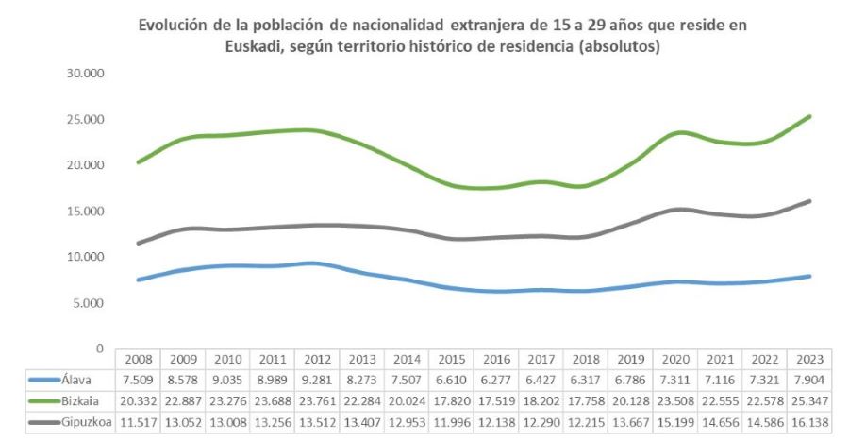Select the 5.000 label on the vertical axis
tap(89, 302)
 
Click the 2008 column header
tap(139, 360)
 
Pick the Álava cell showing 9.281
tap(319, 379)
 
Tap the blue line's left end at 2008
tap(139, 280)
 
